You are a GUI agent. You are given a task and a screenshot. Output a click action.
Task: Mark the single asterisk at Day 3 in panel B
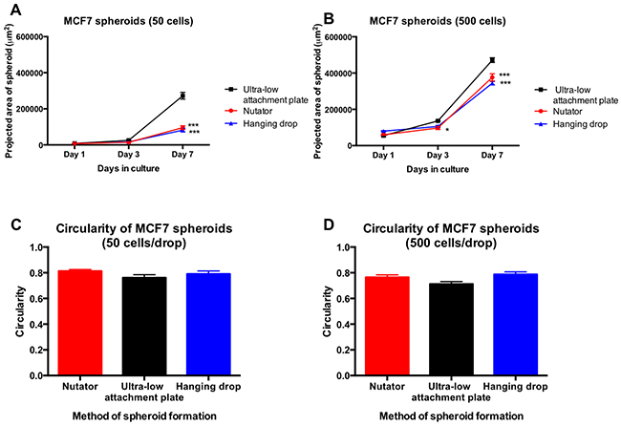pyautogui.click(x=446, y=130)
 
